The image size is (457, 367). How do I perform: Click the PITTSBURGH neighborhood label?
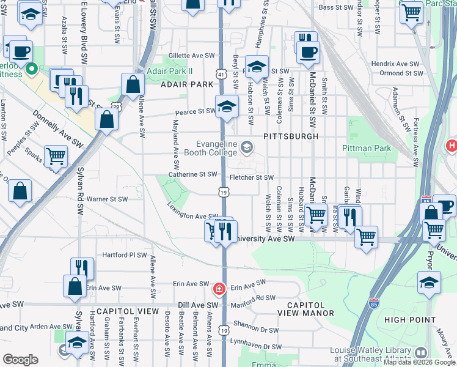point(291,136)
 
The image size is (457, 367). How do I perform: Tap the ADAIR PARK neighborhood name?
point(186,84)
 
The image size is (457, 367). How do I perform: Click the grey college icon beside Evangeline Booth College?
point(247,147)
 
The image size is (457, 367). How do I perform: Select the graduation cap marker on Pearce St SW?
point(227,105)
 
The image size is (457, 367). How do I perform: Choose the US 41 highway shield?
point(220,74)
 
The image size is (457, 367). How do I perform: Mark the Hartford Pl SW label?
point(125,254)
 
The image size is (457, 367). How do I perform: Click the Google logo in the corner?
point(20,360)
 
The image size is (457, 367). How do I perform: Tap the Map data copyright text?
point(419,362)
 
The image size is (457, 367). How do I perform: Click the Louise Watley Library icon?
point(421,353)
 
